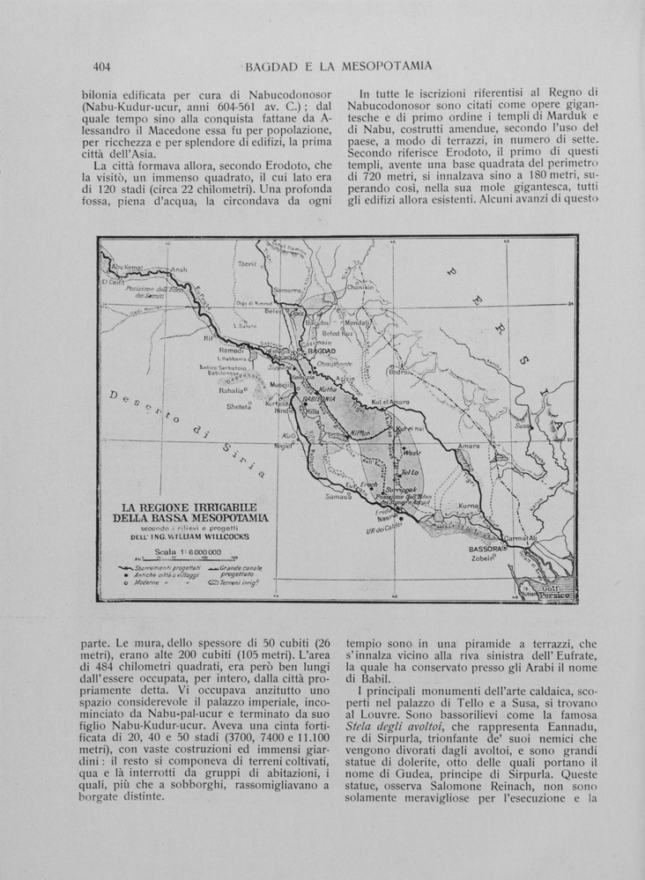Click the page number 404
(100, 65)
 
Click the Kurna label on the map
(469, 507)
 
